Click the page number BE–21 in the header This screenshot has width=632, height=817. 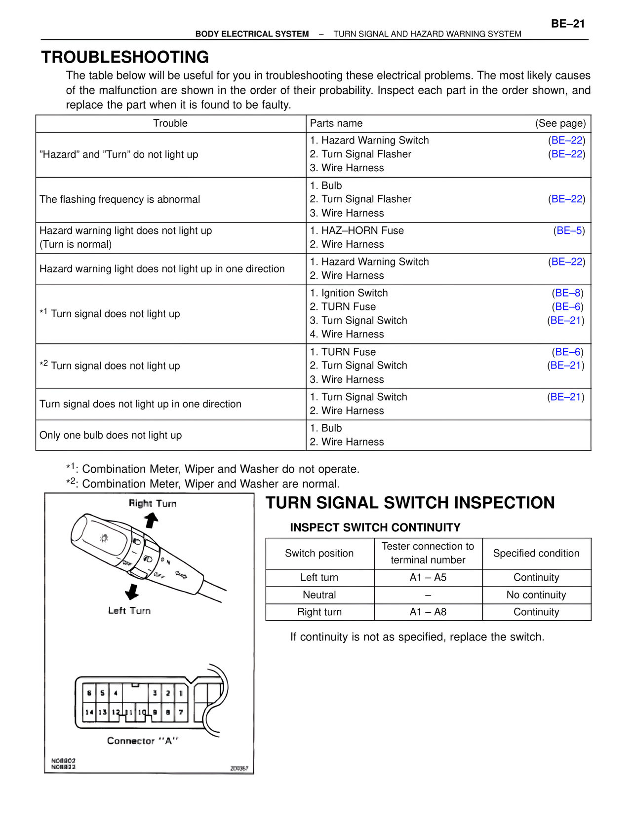[x=567, y=24]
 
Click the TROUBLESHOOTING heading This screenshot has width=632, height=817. [x=125, y=57]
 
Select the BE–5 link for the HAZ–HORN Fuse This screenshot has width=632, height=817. [x=569, y=230]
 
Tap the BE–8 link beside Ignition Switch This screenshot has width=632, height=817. [x=568, y=293]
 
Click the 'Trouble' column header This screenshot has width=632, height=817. [x=170, y=123]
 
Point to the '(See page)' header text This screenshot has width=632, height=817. [x=560, y=123]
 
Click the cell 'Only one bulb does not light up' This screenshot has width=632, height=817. [x=111, y=435]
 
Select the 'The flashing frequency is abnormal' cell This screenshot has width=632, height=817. [x=119, y=199]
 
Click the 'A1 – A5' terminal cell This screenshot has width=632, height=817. [x=428, y=577]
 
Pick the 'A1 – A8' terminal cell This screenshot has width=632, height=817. [x=428, y=612]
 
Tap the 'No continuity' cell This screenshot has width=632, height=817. [x=536, y=594]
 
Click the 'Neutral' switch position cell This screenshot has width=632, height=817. [x=319, y=594]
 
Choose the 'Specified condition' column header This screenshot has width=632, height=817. [x=536, y=553]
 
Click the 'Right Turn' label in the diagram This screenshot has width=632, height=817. [x=153, y=503]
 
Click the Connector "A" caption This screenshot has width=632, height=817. [x=142, y=741]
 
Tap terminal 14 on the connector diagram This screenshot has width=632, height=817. [x=89, y=712]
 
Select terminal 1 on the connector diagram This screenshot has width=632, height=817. [x=181, y=693]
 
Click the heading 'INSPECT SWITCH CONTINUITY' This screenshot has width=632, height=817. [x=375, y=527]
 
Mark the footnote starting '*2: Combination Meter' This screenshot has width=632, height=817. [x=202, y=483]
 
